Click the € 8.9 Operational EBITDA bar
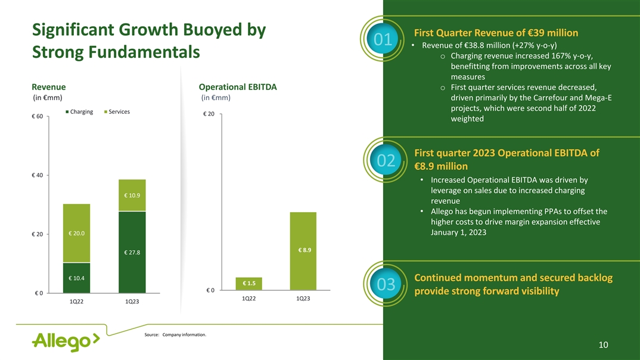tap(303, 250)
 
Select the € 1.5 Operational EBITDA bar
tap(249, 283)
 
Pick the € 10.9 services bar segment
tap(132, 195)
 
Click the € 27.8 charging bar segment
tap(132, 252)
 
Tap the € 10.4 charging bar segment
tap(76, 278)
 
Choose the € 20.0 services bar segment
tap(76, 233)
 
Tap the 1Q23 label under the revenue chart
tap(132, 302)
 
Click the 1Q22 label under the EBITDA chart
tap(249, 298)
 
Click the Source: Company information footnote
tap(175, 334)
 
